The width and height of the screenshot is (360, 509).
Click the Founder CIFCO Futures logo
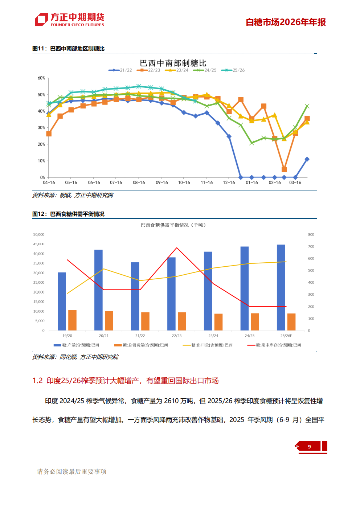[69, 20]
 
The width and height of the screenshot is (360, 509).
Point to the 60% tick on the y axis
[41, 78]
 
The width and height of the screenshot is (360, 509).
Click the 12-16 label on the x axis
[229, 183]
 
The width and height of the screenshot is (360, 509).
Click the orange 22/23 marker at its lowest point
[284, 169]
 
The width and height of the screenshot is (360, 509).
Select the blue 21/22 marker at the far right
[307, 159]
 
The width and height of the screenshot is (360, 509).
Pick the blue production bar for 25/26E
[281, 287]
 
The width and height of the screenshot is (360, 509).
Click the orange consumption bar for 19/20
[72, 320]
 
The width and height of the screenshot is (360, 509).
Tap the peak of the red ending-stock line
[177, 248]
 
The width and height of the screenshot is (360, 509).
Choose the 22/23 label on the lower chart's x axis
[177, 336]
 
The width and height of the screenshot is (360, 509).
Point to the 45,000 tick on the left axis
[39, 244]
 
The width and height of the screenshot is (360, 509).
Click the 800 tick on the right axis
[311, 235]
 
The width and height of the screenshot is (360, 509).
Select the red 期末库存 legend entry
[274, 345]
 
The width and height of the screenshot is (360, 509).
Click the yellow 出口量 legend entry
[208, 345]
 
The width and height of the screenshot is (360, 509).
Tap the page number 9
[309, 447]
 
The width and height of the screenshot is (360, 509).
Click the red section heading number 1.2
[37, 381]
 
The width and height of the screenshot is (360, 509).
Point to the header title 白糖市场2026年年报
[286, 22]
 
